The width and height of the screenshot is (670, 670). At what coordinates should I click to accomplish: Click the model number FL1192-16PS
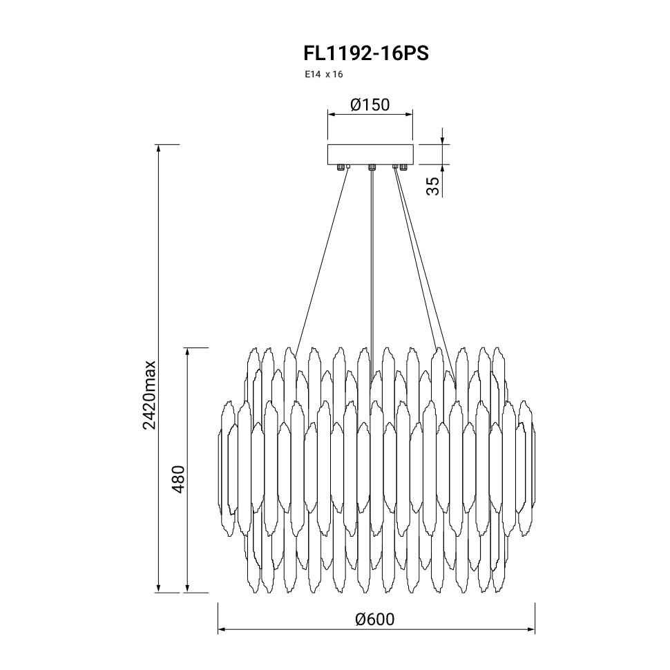coord(366,54)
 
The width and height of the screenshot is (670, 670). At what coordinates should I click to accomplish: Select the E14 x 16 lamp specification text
coord(323,75)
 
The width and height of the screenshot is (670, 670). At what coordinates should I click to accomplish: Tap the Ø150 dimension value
coord(370,105)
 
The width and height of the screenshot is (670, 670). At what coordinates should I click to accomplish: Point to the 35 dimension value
coord(433,186)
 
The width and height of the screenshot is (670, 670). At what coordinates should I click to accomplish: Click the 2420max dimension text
coord(150,395)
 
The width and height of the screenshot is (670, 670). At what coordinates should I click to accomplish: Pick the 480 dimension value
coord(179,479)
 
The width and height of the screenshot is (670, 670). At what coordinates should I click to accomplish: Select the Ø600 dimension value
coord(375,619)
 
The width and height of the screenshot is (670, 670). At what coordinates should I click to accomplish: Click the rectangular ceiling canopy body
coord(370,154)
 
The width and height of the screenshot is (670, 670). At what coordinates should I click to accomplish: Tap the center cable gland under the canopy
coord(372,166)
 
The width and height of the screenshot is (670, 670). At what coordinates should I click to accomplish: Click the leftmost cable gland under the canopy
coord(341,166)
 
